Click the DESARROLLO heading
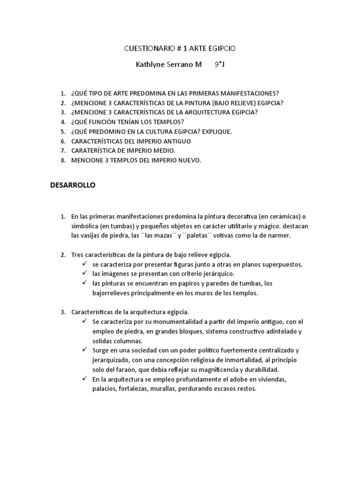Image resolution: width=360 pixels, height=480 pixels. click(x=73, y=185)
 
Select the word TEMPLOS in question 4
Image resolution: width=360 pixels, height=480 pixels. click(x=161, y=122)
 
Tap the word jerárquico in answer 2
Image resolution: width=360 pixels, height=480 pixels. click(x=217, y=274)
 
